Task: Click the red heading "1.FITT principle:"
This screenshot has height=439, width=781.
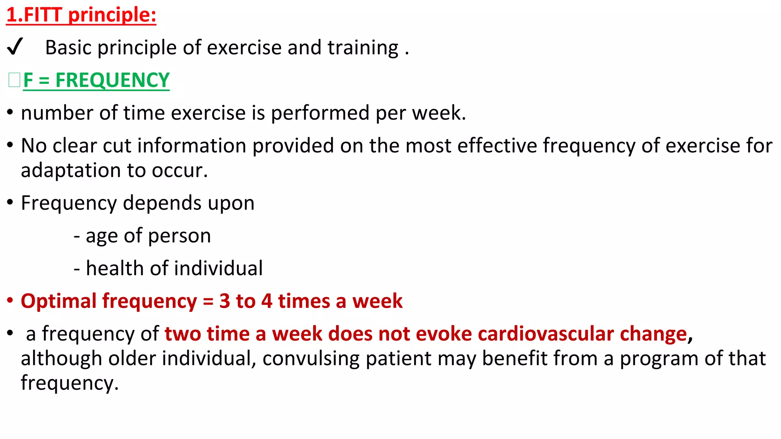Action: [x=81, y=15]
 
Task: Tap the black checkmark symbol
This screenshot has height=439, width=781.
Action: [x=15, y=47]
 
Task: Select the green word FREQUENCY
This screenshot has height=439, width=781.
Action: [x=112, y=80]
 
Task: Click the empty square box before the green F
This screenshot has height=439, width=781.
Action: [x=14, y=80]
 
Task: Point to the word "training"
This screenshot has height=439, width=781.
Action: [x=363, y=48]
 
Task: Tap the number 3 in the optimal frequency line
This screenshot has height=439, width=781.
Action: [x=225, y=301]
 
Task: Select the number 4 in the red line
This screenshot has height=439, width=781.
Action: [x=267, y=301]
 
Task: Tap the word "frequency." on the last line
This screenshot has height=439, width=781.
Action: [x=70, y=383]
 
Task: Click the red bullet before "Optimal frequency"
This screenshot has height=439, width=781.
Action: [x=10, y=300]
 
